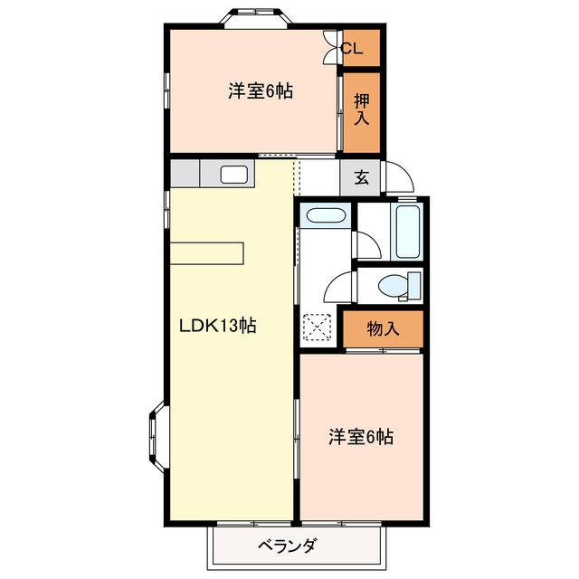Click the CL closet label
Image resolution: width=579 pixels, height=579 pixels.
pyautogui.click(x=353, y=49)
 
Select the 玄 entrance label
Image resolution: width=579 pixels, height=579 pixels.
pyautogui.click(x=362, y=177)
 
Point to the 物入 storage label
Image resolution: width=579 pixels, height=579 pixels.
pyautogui.click(x=383, y=329)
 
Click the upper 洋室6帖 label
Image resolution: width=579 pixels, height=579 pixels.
pyautogui.click(x=260, y=91)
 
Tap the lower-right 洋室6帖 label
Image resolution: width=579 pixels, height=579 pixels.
pyautogui.click(x=360, y=437)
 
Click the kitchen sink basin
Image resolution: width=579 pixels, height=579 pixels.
pyautogui.click(x=234, y=175)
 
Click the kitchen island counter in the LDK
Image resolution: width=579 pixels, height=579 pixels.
pyautogui.click(x=207, y=253)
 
